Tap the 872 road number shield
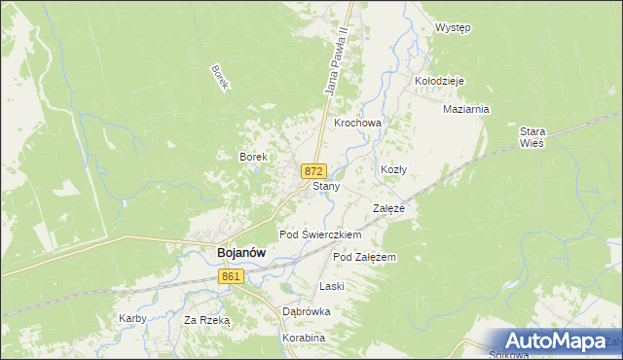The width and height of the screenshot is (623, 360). click(312, 170)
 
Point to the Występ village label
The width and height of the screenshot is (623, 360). click(453, 27)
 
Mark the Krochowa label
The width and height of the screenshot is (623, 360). click(357, 124)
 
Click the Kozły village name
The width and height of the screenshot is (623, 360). click(393, 169)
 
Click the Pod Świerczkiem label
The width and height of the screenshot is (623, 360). click(320, 234)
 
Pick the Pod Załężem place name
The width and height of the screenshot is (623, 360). click(364, 257)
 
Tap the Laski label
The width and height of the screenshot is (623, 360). click(333, 286)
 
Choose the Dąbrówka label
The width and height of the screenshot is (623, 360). click(307, 311)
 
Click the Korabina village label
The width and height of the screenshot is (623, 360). click(303, 338)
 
